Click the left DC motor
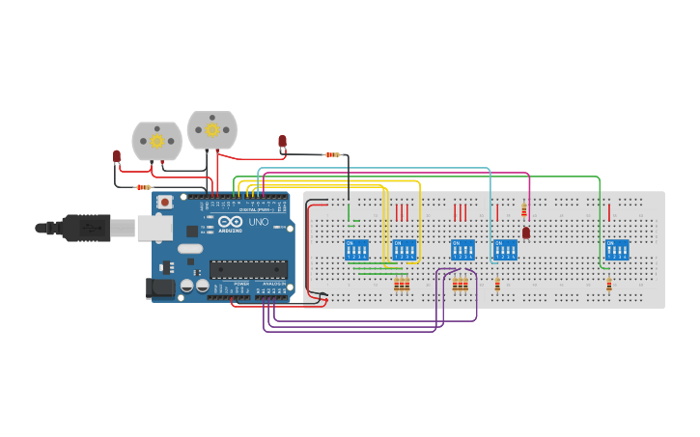(156, 141)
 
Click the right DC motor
(211, 130)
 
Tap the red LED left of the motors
(117, 156)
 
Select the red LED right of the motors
(282, 143)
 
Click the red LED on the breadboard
(526, 232)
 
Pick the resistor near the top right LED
(333, 154)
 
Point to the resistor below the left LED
(143, 187)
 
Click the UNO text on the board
(259, 223)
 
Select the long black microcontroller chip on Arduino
(248, 269)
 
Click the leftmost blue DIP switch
(356, 250)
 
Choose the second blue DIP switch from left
(405, 250)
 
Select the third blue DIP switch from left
(462, 250)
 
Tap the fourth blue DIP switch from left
(505, 250)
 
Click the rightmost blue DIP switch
(617, 250)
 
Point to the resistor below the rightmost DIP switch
(608, 285)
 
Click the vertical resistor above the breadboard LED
(524, 210)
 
